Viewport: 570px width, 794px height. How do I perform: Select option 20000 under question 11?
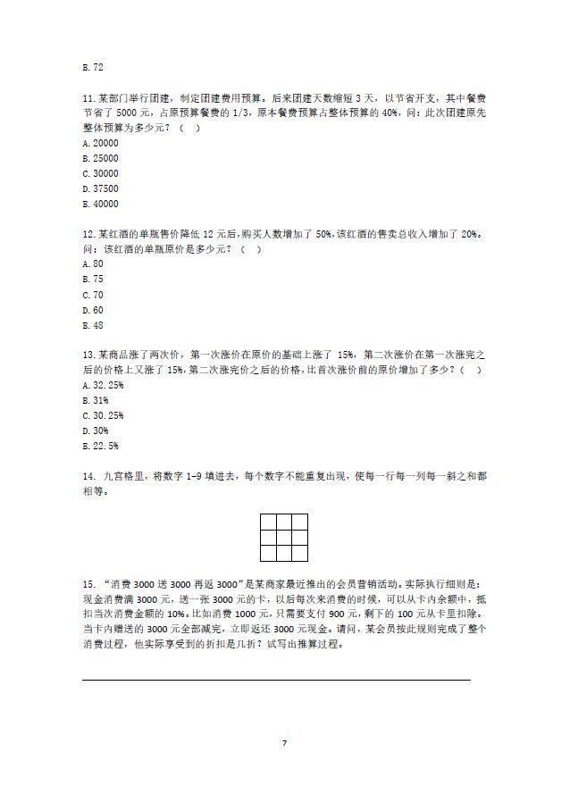[100, 143]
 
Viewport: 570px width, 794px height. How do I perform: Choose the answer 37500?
[100, 188]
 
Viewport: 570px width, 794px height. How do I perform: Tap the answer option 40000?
[100, 204]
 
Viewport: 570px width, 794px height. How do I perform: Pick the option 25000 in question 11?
[100, 158]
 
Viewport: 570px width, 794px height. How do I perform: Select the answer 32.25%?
[103, 385]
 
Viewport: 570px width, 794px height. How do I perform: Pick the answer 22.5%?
[100, 446]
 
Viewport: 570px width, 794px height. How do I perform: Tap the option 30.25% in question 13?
[103, 415]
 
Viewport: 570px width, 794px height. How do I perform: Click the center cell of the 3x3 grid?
[284, 536]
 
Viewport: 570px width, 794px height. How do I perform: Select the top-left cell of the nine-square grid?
[268, 522]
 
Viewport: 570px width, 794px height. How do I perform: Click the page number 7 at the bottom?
[284, 743]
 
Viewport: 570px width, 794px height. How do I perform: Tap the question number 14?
[88, 476]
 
